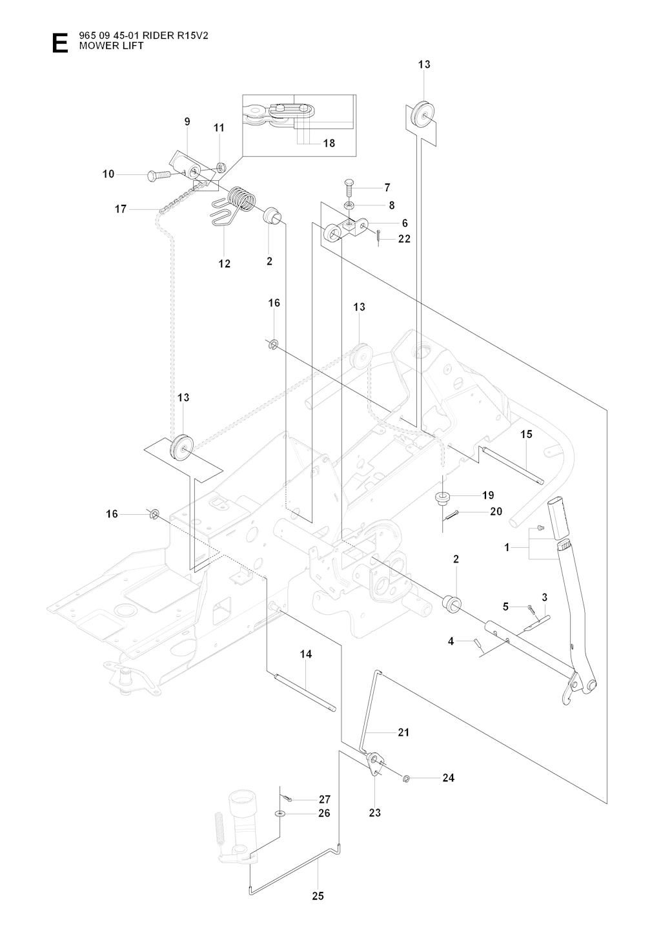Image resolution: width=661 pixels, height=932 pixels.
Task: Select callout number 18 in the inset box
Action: [x=329, y=143]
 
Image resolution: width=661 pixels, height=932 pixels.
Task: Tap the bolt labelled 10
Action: [x=158, y=174]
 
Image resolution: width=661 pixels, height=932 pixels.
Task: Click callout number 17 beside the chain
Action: [x=120, y=209]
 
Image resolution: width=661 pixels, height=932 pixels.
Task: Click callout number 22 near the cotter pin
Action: [x=405, y=238]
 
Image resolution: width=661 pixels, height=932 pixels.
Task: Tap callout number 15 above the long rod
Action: [x=526, y=434]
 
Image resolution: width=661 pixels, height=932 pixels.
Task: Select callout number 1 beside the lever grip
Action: [x=507, y=547]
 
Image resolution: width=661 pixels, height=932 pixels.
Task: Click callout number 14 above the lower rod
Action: [x=306, y=654]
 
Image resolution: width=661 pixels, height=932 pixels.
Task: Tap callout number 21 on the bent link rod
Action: [x=403, y=732]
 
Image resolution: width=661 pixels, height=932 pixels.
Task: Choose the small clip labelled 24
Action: [x=406, y=778]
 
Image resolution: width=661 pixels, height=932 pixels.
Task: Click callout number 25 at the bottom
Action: [x=318, y=896]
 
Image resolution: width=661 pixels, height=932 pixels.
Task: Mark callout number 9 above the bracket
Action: [x=187, y=121]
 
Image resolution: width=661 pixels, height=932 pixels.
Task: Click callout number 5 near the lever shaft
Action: [x=506, y=606]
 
